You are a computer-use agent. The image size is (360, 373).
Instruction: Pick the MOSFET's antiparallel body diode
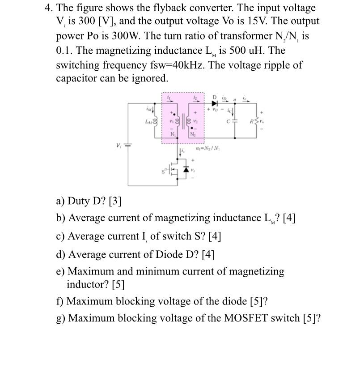coord(187,170)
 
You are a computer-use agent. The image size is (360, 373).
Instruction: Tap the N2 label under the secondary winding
coord(193,134)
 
